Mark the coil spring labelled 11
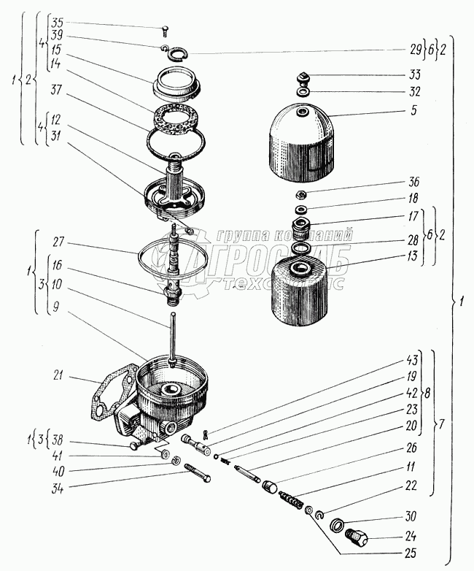(x=292, y=502)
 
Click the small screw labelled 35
(x=168, y=30)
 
